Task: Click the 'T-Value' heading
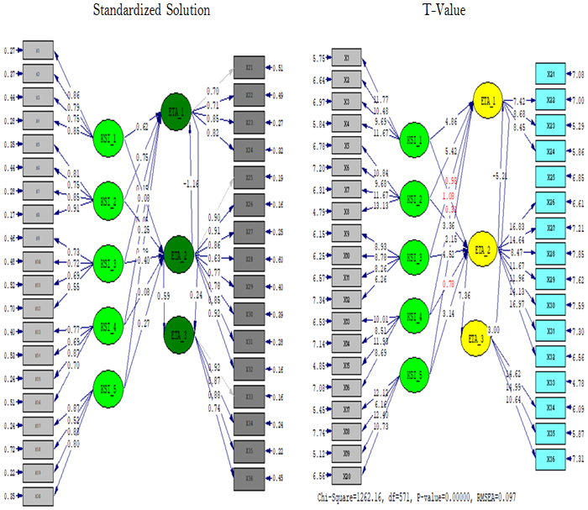(442, 10)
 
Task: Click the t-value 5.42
(451, 152)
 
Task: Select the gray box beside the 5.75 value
(347, 58)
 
